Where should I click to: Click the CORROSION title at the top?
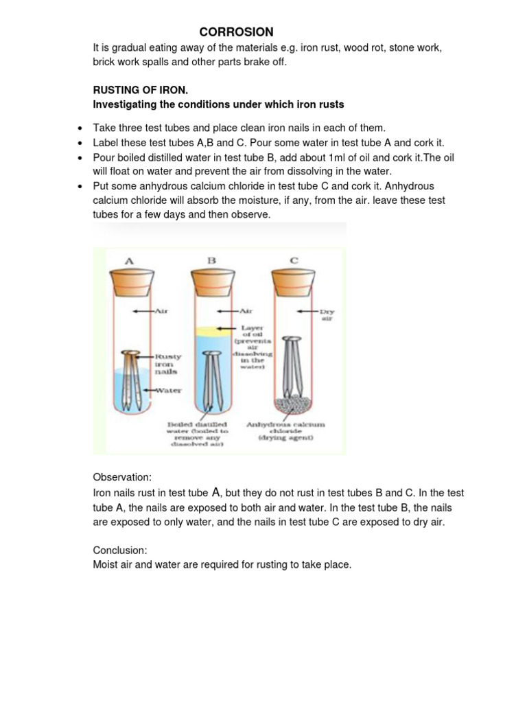(236, 32)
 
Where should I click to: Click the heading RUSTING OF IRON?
(140, 91)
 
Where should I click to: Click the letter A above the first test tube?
(129, 260)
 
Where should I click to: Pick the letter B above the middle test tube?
(211, 260)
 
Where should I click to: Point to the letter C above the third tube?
(294, 260)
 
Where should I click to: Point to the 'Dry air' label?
(326, 314)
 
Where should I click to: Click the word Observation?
(122, 476)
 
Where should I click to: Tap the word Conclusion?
(120, 550)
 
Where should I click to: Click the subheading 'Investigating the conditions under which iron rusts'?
(218, 104)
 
